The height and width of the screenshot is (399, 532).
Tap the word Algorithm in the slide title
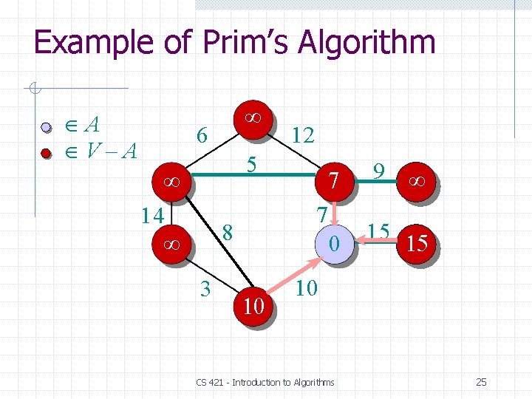click(366, 42)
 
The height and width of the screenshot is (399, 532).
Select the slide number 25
click(481, 382)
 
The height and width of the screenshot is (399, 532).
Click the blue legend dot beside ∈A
click(46, 128)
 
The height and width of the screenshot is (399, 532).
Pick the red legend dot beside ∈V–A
click(46, 154)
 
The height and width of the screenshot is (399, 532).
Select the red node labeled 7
click(334, 180)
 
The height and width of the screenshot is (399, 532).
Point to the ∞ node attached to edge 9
click(417, 180)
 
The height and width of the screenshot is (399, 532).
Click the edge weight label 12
click(303, 134)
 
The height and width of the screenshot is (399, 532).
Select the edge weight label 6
click(200, 134)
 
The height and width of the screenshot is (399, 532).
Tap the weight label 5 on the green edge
click(251, 165)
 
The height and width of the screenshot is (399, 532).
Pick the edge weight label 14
click(152, 215)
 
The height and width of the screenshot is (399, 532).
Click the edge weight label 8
click(228, 232)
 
